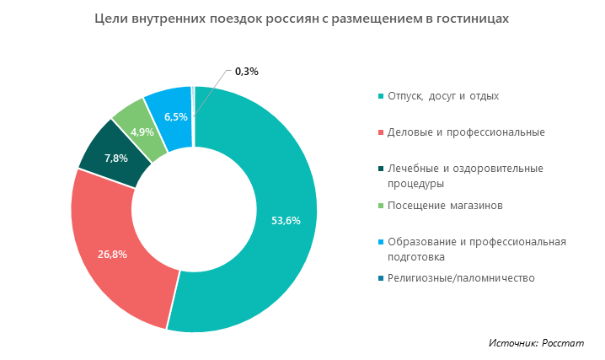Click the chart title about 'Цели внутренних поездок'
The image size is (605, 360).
coord(302,18)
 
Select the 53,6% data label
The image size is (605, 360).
coord(286,221)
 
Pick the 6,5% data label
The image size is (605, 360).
coord(176,116)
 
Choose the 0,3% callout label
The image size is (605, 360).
coord(246,72)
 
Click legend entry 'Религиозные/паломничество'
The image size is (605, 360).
coord(461,278)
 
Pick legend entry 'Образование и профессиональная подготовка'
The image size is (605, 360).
coord(476,249)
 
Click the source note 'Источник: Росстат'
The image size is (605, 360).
coord(536,343)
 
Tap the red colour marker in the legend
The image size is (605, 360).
coord(382,132)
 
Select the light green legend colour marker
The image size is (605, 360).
coord(382,206)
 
